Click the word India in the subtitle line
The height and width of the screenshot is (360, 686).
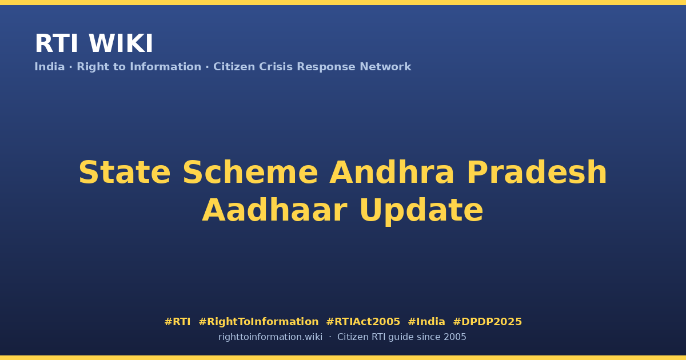pos(50,67)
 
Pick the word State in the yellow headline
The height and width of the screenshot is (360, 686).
pos(125,173)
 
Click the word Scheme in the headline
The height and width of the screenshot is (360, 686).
pos(250,173)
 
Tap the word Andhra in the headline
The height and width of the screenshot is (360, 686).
pos(392,173)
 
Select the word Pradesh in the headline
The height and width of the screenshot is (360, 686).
pos(537,173)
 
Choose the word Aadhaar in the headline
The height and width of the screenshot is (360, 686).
pos(275,210)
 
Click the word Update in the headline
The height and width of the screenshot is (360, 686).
pos(421,211)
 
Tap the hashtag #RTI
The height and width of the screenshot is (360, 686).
pos(177,322)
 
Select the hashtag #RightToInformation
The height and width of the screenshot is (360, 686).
pos(258,322)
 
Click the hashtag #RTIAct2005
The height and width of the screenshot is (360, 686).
pos(363,322)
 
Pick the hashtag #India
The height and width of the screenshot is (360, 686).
pos(426,322)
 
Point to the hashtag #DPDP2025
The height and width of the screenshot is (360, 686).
pos(487,322)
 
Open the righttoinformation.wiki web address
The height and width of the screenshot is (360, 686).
pos(270,337)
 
